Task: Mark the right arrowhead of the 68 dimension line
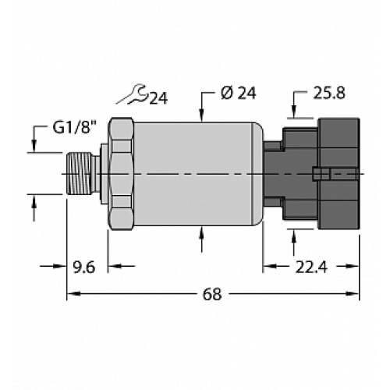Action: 354,295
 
